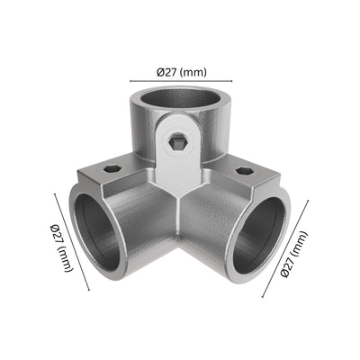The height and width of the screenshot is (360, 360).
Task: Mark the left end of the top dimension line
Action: click(130, 81)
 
